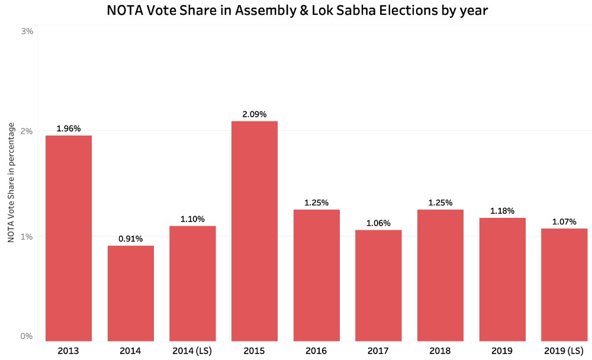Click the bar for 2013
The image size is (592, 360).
point(69,238)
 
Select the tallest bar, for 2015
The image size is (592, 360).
point(255,231)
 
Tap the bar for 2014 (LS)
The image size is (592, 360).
point(192,283)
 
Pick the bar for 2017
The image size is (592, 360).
point(378,285)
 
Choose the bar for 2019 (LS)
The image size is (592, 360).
point(564,285)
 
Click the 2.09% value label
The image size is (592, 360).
point(255,114)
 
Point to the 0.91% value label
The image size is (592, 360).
point(131,239)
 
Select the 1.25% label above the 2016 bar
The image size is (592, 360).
point(317,202)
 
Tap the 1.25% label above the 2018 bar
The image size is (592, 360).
point(440,202)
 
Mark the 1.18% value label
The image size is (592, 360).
point(503,211)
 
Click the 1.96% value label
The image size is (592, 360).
point(69,128)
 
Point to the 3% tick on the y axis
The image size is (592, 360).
point(27,31)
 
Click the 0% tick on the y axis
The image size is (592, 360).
point(27,336)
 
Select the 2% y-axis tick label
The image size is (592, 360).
point(27,131)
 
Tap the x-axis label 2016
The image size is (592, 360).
point(317,351)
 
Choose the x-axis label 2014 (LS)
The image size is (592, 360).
point(192,351)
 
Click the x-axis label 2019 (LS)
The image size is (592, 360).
point(564,351)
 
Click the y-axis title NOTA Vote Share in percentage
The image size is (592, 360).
point(11,182)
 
